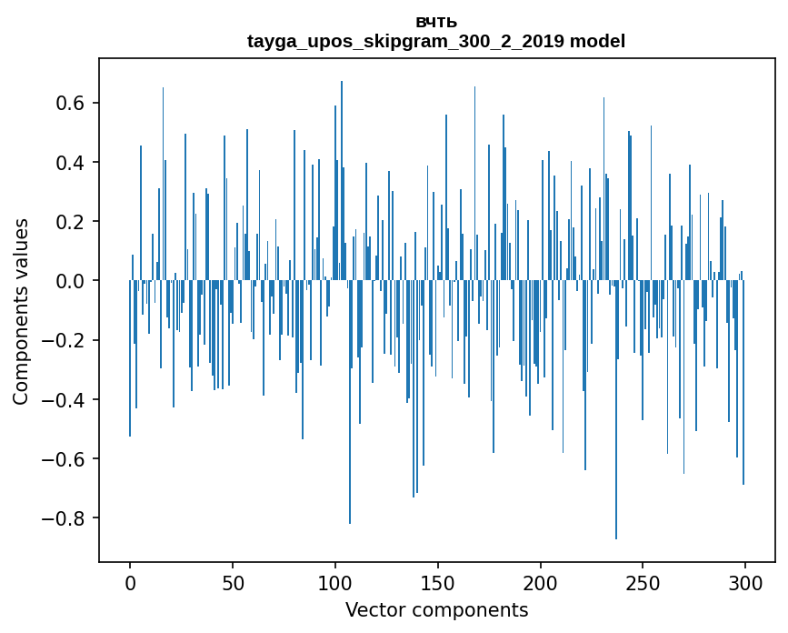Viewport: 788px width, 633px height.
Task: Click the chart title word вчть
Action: [x=436, y=22]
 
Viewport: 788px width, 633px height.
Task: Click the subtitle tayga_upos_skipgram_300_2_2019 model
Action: [x=436, y=41]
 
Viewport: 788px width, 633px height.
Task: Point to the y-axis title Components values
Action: [x=20, y=311]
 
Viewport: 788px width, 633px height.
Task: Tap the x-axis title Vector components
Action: [x=436, y=610]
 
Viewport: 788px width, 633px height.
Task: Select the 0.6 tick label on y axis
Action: [x=70, y=103]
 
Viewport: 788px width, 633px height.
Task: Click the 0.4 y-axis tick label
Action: [x=70, y=163]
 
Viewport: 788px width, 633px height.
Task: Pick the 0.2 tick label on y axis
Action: [x=70, y=222]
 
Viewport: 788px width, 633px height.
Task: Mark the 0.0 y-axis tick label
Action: [x=70, y=281]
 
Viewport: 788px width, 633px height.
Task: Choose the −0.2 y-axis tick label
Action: [x=64, y=340]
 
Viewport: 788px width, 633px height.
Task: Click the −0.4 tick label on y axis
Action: [x=64, y=399]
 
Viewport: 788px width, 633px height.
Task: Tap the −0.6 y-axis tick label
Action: [x=64, y=458]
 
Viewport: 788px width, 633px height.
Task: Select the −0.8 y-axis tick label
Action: [x=64, y=518]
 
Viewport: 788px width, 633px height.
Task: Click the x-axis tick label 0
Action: [x=130, y=582]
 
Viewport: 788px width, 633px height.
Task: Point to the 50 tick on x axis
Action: [x=233, y=582]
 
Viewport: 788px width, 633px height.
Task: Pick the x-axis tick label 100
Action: [x=335, y=582]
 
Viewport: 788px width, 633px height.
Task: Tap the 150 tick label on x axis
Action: [x=438, y=582]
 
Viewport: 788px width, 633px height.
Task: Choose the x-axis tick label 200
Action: [x=541, y=582]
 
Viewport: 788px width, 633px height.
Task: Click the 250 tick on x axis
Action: [x=643, y=582]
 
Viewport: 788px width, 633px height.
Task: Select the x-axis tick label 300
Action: [x=745, y=582]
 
